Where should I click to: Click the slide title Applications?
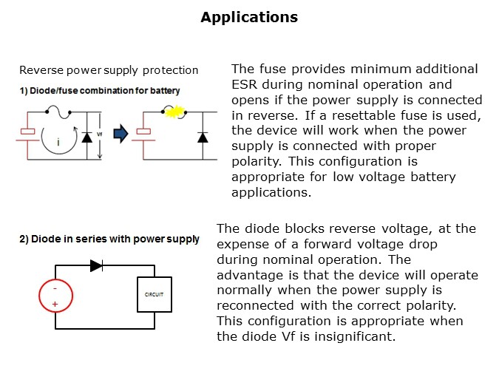(x=249, y=17)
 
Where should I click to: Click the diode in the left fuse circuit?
(x=88, y=136)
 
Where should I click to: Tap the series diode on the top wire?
(x=96, y=265)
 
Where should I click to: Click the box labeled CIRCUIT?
(x=154, y=293)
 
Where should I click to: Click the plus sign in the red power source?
(x=55, y=303)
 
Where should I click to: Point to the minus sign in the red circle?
(x=55, y=288)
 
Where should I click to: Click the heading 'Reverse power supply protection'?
(x=109, y=70)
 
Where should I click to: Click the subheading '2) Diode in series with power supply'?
(x=109, y=239)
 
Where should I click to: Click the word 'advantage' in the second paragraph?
(x=250, y=275)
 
